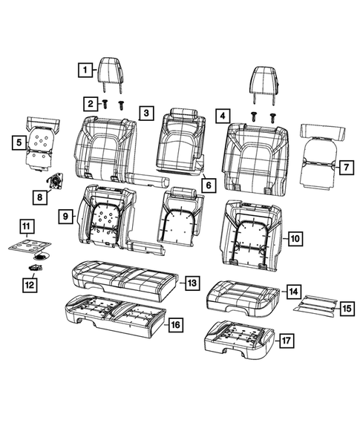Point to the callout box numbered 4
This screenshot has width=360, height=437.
click(x=220, y=115)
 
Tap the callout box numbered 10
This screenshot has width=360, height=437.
click(x=295, y=238)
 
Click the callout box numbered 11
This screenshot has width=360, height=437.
click(x=25, y=226)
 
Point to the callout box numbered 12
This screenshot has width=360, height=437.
click(x=30, y=283)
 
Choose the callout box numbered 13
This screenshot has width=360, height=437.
click(x=191, y=283)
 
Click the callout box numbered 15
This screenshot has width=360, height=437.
click(x=346, y=306)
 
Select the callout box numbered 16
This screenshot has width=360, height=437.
click(x=175, y=324)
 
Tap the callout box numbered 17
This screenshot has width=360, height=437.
click(x=286, y=343)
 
